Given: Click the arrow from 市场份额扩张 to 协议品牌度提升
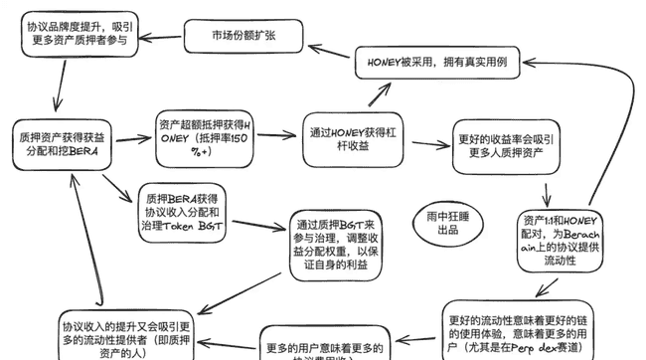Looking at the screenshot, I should (159, 37).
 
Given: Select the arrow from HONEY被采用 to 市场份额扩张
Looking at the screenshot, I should (328, 50).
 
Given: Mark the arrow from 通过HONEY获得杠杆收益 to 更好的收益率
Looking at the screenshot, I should (428, 143).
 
